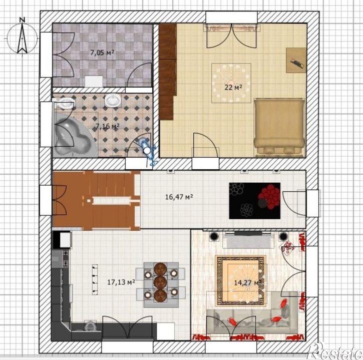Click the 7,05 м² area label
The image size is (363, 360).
[x=102, y=53]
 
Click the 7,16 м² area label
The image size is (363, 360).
[x=108, y=126]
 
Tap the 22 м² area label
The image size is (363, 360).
[x=233, y=87]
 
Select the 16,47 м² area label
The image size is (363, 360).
[x=179, y=197]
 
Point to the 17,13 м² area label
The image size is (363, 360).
[x=121, y=282]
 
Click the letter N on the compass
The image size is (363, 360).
[x=22, y=20]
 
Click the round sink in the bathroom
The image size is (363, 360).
[x=113, y=101]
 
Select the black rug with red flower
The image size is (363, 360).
[x=255, y=201]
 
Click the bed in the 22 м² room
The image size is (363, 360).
[x=279, y=126]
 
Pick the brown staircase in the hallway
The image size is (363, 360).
[x=97, y=200]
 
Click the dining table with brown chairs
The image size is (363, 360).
[x=161, y=285]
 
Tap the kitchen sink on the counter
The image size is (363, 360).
[x=90, y=326]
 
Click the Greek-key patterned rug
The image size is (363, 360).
[x=241, y=280]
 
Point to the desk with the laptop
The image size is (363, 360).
[x=296, y=60]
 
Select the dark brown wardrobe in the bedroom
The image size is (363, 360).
[x=167, y=71]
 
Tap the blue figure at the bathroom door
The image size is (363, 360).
[x=147, y=150]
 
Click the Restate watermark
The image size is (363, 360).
[x=335, y=351]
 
